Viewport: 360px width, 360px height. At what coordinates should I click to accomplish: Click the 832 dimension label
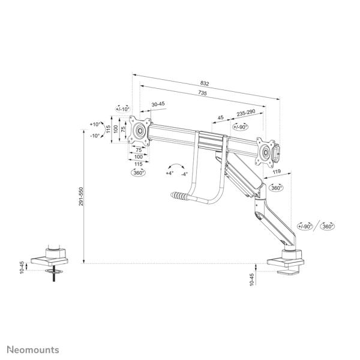(x=205, y=83)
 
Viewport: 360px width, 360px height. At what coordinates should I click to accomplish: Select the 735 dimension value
(x=203, y=93)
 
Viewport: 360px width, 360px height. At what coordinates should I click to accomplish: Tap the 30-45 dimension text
(x=158, y=104)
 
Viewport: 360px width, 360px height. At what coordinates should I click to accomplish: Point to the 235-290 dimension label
(x=246, y=113)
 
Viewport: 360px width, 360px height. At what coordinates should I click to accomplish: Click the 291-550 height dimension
(x=81, y=196)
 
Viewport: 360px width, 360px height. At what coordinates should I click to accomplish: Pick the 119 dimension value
(x=277, y=171)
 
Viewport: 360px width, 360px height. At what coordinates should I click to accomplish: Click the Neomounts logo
(x=33, y=350)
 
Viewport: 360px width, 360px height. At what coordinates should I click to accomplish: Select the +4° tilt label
(x=170, y=173)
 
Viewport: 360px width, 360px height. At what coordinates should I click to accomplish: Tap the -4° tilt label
(x=184, y=174)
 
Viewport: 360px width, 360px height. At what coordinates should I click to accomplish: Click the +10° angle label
(x=95, y=124)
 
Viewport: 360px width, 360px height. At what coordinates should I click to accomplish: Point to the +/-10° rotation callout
(x=123, y=109)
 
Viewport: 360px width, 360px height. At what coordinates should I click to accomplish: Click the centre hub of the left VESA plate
(x=140, y=131)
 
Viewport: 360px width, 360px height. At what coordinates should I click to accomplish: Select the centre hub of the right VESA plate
(x=266, y=152)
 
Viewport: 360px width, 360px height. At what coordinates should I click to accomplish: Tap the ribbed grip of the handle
(x=179, y=196)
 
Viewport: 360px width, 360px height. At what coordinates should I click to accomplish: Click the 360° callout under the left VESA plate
(x=138, y=173)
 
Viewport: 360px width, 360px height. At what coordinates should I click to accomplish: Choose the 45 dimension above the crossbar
(x=220, y=118)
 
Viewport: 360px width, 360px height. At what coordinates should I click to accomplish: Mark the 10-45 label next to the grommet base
(x=22, y=268)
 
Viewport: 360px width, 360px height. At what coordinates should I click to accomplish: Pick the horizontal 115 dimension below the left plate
(x=138, y=164)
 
